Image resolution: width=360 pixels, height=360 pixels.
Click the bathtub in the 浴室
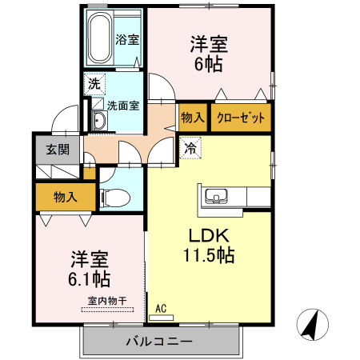(x=99, y=38)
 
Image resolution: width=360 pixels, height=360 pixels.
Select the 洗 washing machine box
(x=94, y=83)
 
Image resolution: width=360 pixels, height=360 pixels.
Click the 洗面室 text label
(x=124, y=105)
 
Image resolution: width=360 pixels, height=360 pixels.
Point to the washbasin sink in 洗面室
(x=98, y=122)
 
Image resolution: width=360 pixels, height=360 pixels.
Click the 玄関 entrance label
(x=57, y=149)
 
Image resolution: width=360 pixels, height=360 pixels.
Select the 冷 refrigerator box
(x=190, y=147)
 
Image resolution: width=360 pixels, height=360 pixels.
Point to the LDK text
(x=210, y=236)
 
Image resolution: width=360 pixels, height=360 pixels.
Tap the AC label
(x=161, y=307)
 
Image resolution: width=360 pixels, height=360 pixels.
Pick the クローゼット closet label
(x=241, y=118)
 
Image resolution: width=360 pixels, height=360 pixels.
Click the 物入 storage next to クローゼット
(x=192, y=118)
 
